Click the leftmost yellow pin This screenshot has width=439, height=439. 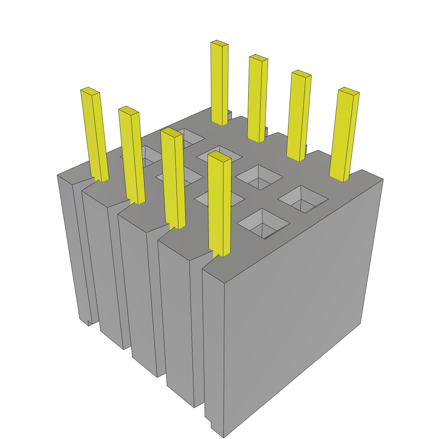[94, 133]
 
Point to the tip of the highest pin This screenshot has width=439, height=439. [219, 43]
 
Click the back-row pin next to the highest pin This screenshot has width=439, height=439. [258, 99]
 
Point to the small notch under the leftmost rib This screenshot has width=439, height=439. [89, 322]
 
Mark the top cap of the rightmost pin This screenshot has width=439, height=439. [348, 90]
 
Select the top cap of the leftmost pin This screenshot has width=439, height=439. [90, 90]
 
